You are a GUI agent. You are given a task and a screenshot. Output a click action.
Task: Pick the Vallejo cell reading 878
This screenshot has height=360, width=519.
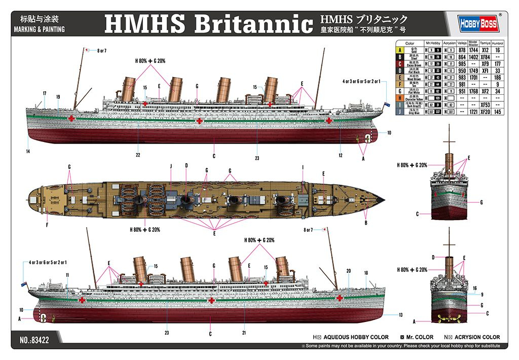pos(462,51)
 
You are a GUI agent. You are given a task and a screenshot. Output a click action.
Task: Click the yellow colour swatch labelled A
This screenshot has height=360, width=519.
pos(400,51)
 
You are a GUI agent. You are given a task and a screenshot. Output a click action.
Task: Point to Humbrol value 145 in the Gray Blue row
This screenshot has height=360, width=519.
pos(498,112)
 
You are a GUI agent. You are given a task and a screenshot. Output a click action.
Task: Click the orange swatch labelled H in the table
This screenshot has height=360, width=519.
pos(400,97)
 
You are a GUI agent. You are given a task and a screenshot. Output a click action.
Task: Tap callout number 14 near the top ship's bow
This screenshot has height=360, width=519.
pos(28,151)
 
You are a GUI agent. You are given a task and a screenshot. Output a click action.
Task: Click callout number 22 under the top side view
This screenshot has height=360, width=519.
pos(138,155)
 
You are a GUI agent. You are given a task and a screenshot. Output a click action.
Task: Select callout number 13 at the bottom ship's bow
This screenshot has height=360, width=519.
pos(400,315)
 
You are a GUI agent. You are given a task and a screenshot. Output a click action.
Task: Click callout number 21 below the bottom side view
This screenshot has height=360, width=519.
pos(244,333)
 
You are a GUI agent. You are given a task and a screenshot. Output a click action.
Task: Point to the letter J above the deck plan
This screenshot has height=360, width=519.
pos(171,166)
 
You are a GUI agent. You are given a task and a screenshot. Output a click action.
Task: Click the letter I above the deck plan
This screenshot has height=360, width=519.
pos(303,166)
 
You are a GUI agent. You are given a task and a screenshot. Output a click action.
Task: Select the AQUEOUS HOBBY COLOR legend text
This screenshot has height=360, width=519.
pos(356,337)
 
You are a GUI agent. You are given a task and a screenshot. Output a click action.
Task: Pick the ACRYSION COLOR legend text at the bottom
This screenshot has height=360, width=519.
pos(476,337)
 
